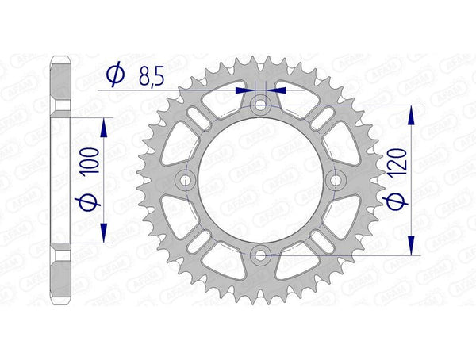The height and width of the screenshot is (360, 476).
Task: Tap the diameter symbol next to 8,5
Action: [115, 75]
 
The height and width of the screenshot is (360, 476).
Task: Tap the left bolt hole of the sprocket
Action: [186, 180]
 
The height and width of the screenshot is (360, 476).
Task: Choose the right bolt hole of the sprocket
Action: [336, 180]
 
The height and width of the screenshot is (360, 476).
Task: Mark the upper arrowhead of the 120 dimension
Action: [411, 115]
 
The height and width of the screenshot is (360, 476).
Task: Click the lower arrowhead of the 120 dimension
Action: [411, 247]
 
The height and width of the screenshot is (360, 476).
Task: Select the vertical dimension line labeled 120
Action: [411, 181]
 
